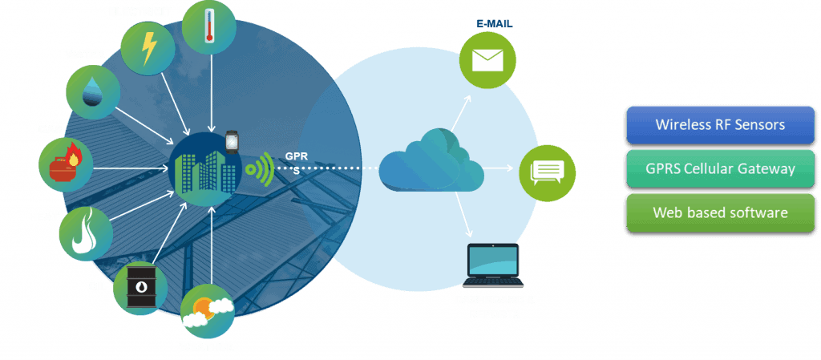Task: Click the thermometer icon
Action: click(209, 26)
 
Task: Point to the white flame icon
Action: click(85, 231)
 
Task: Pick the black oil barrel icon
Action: click(140, 288)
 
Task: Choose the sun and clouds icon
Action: click(208, 311)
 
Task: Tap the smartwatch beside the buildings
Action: click(232, 141)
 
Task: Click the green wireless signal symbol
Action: click(260, 168)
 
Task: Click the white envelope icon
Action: click(487, 59)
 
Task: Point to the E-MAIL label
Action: click(494, 23)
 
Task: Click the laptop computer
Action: click(493, 266)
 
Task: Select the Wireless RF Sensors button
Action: click(721, 125)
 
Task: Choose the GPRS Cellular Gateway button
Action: click(721, 168)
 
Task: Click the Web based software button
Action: click(721, 212)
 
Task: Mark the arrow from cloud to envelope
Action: click(462, 112)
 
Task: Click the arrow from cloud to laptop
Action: click(464, 215)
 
